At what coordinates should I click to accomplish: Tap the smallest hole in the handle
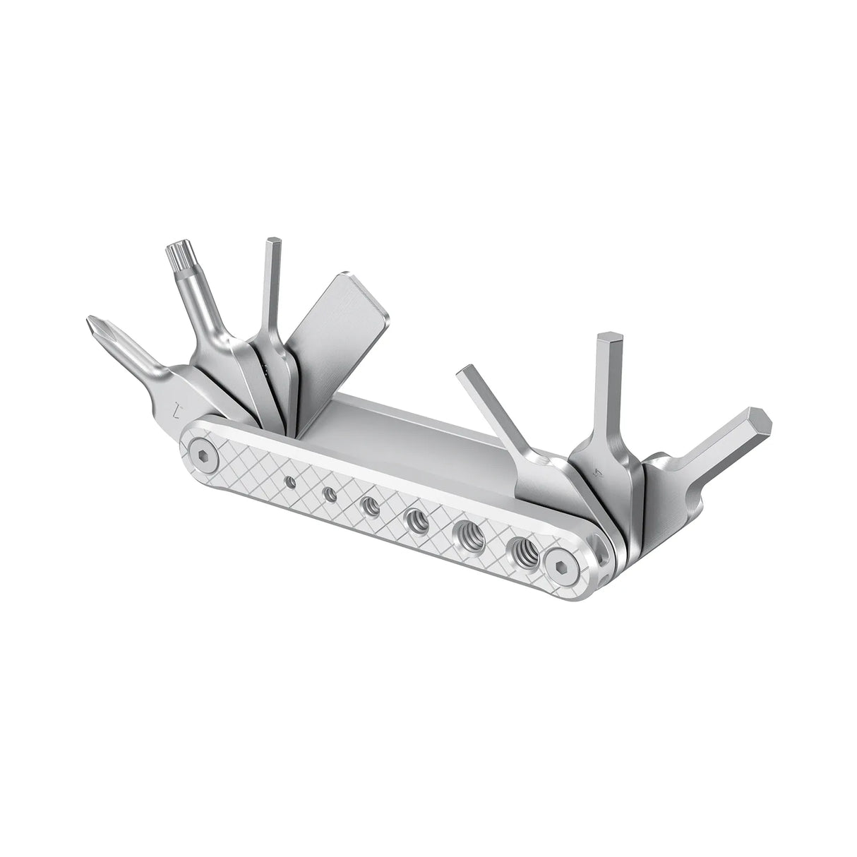tap(289, 481)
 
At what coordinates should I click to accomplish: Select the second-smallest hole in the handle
tap(328, 493)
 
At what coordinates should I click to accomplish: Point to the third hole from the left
tap(369, 505)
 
